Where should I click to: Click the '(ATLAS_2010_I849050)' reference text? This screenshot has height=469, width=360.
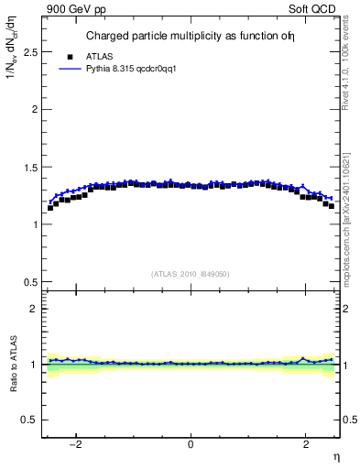[x=190, y=273]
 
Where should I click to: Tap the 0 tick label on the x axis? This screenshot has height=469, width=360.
[x=191, y=444]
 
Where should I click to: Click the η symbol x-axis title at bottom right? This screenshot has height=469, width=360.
[x=335, y=456]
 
